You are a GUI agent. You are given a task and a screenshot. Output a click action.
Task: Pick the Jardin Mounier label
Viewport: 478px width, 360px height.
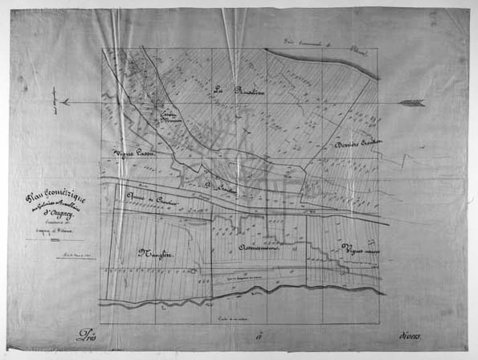(170, 117)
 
